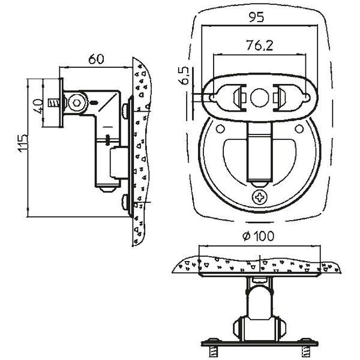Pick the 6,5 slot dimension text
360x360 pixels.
185,77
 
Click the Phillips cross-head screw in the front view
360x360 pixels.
260,196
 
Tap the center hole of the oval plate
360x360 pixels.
260,96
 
